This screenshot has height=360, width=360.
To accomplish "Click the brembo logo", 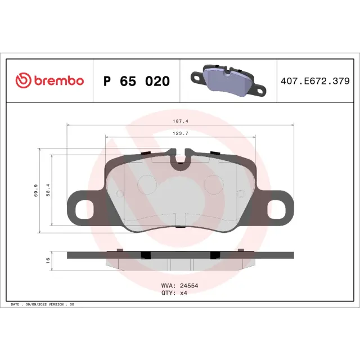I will click(x=50, y=81).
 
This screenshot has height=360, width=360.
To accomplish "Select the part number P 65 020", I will click(x=137, y=81).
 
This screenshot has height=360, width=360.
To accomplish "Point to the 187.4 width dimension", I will click(x=179, y=120).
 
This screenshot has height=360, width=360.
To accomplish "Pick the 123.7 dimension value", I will click(x=179, y=133).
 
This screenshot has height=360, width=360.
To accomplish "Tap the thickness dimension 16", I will click(x=47, y=259).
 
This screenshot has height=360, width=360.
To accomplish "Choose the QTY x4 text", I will click(x=174, y=293).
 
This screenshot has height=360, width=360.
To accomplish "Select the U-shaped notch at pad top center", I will click(x=181, y=161).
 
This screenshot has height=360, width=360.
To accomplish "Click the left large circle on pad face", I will click(x=148, y=184).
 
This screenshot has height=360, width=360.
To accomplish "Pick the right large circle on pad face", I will click(x=214, y=184).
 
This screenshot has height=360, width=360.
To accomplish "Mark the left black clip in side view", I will click(x=145, y=255).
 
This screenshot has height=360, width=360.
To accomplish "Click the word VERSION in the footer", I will click(x=60, y=304).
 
